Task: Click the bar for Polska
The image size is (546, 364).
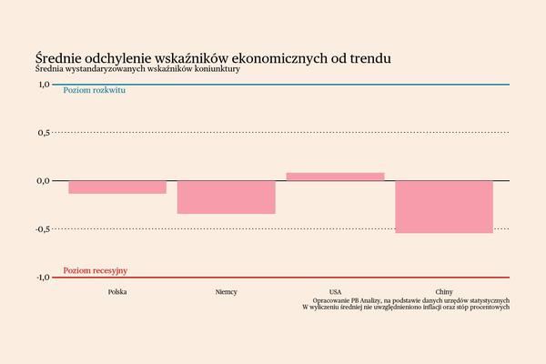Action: [x=117, y=187]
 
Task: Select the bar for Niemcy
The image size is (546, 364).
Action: [x=226, y=197]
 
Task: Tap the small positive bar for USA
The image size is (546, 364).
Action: [x=335, y=177]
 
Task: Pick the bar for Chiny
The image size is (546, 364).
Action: [x=444, y=207]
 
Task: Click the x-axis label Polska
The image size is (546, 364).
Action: [x=117, y=291]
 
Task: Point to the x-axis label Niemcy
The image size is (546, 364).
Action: [x=226, y=291]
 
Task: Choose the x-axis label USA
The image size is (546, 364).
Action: [x=335, y=291]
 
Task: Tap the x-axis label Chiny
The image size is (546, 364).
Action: [x=444, y=291]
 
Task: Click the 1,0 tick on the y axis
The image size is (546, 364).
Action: [x=43, y=85]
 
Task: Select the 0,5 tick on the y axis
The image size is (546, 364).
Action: [x=43, y=133]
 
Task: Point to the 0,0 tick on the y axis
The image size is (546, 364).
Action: [x=43, y=180]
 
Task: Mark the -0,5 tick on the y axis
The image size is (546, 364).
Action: [x=42, y=228]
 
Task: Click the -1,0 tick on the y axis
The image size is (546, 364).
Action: [x=42, y=277]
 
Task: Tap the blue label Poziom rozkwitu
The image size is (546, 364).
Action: [x=94, y=93]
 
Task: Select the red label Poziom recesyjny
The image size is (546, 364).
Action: [x=95, y=270]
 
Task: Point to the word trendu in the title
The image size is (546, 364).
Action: [x=371, y=58]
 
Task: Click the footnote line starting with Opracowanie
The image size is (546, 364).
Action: [x=410, y=299]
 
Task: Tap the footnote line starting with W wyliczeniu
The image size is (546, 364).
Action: [x=406, y=307]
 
